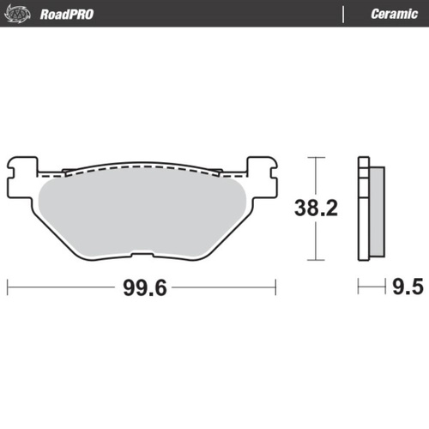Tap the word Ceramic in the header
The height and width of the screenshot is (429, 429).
pos(393,14)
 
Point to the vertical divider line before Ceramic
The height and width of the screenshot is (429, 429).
pos(344,14)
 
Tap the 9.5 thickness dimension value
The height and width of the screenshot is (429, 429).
pos(408,287)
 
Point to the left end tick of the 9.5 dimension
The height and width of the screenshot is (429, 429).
pos(359,287)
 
